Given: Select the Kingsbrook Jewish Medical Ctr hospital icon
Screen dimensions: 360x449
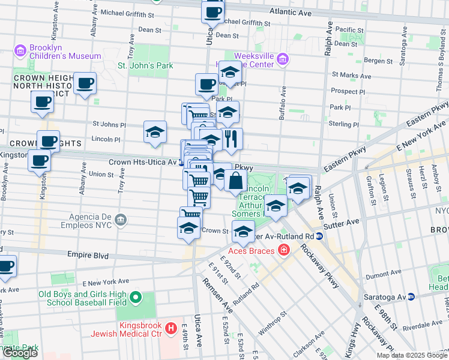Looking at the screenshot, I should click(171, 328).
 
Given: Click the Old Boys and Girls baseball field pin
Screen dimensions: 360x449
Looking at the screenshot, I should click(136, 297).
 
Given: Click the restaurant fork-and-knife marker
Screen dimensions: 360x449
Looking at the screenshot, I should click(232, 139).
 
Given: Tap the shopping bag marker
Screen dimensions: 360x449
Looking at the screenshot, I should click(237, 181).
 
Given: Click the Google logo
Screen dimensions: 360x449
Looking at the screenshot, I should click(20, 353).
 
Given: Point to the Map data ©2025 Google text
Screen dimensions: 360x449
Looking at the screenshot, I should click(412, 355).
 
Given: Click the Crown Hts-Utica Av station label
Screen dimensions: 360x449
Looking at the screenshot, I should click(142, 162).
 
